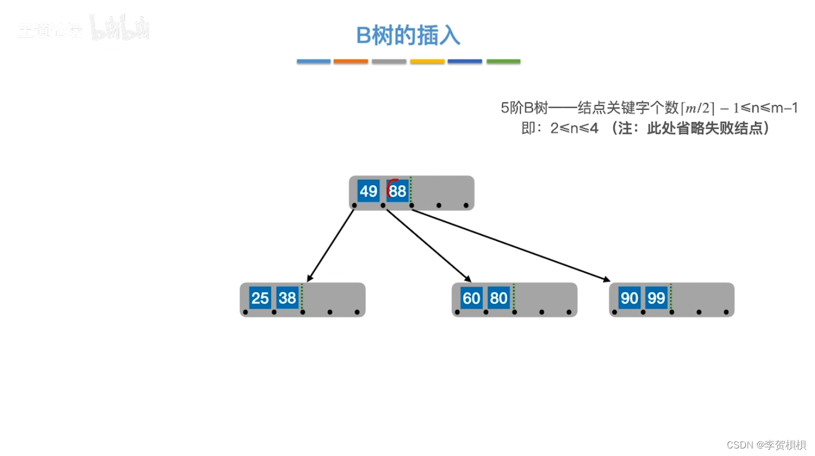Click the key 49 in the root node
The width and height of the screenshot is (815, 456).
point(368,191)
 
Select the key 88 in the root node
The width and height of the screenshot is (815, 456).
point(398,191)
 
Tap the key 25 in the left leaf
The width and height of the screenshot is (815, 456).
point(260,298)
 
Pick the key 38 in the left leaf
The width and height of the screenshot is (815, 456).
point(287,298)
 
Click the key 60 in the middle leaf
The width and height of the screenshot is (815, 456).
point(471,298)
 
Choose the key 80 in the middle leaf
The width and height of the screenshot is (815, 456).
point(499,298)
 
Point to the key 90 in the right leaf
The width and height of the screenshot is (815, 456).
point(629,298)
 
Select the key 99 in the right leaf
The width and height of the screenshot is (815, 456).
point(656,298)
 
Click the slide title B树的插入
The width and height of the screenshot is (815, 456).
point(408,35)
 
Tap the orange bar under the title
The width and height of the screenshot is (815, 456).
point(351,61)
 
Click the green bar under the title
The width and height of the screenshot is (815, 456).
point(503,61)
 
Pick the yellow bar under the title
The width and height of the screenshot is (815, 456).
point(427,61)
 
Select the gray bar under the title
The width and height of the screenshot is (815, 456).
point(389,61)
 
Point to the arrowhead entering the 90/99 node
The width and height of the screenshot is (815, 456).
point(607,280)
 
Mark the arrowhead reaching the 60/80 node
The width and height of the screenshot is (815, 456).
point(468,279)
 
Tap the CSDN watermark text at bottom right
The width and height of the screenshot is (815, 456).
point(766,445)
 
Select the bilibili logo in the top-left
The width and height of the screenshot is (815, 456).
point(120,28)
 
